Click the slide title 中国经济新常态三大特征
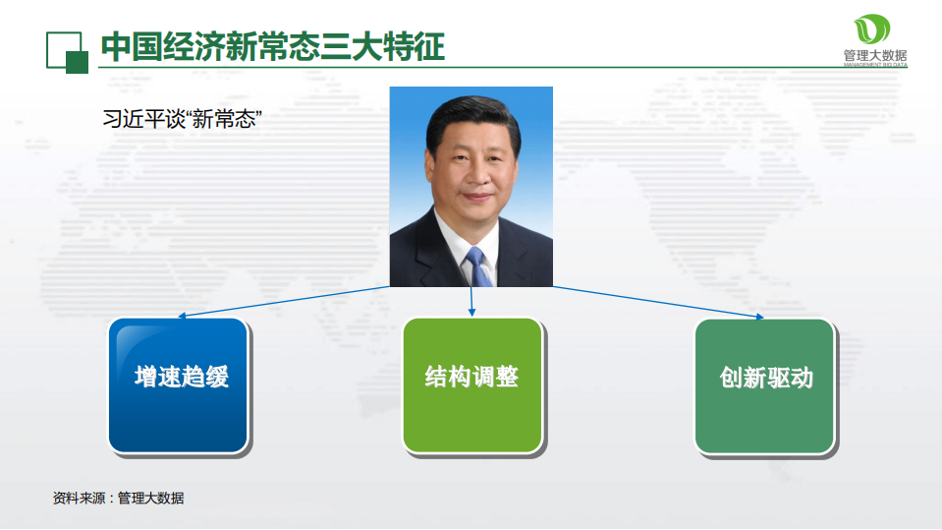[x=273, y=46]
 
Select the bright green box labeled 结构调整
[x=471, y=384]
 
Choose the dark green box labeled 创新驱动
[x=765, y=384]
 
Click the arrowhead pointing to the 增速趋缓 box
[x=181, y=317]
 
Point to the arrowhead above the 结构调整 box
[x=471, y=312]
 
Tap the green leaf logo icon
[x=872, y=29]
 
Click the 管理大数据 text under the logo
[x=875, y=55]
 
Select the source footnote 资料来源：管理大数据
[x=119, y=499]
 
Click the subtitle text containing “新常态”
[x=182, y=119]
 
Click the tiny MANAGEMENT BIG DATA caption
[x=875, y=66]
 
